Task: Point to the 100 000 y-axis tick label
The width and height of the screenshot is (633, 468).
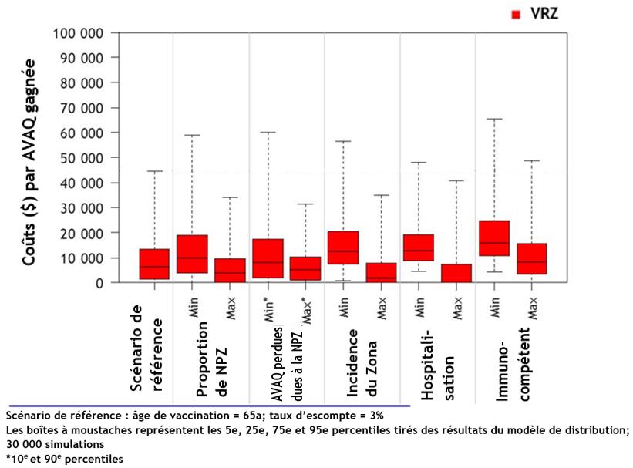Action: click(x=77, y=33)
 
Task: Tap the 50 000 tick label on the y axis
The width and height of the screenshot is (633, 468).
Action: click(x=80, y=158)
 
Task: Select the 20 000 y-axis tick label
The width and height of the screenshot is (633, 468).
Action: click(x=80, y=233)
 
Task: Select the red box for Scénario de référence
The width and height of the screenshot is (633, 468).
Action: click(x=154, y=264)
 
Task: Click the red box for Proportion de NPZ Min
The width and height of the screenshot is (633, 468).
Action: click(x=192, y=254)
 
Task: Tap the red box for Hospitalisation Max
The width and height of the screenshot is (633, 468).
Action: click(x=456, y=273)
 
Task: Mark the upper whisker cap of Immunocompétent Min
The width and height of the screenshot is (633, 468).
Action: click(x=494, y=119)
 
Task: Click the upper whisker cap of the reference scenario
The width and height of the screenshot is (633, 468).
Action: click(x=154, y=171)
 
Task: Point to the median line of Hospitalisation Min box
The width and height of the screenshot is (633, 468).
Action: click(x=419, y=250)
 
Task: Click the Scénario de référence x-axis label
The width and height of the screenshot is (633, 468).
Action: click(x=144, y=351)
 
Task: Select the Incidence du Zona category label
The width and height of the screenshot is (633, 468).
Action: click(x=362, y=362)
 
